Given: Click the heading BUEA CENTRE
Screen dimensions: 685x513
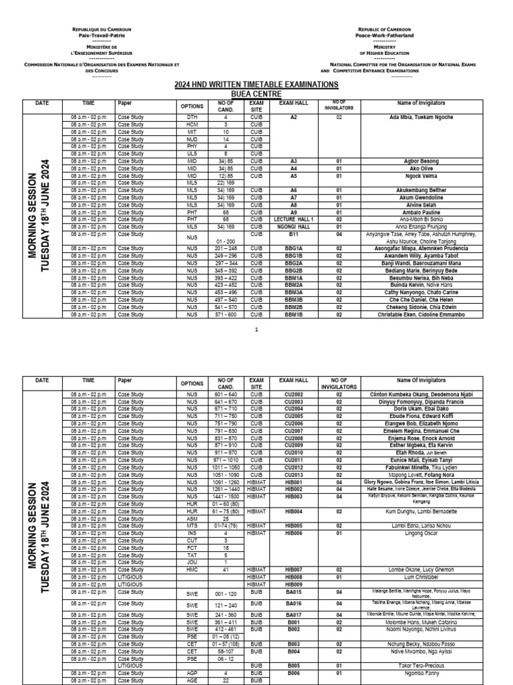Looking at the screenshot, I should pyautogui.click(x=257, y=94).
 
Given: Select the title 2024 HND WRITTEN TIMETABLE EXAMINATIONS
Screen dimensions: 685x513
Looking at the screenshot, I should pyautogui.click(x=257, y=84).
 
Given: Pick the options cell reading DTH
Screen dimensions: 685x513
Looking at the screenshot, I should pyautogui.click(x=192, y=117).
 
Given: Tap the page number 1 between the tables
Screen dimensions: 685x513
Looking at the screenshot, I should pyautogui.click(x=256, y=329).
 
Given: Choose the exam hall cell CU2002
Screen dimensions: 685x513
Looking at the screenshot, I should pyautogui.click(x=294, y=395).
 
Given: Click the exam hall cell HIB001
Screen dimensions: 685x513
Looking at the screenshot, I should pyautogui.click(x=294, y=482).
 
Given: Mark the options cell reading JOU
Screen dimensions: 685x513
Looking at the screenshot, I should pyautogui.click(x=192, y=562).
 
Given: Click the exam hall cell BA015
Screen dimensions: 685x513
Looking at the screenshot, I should pyautogui.click(x=294, y=592).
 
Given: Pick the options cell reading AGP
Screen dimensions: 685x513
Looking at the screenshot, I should pyautogui.click(x=192, y=674).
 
